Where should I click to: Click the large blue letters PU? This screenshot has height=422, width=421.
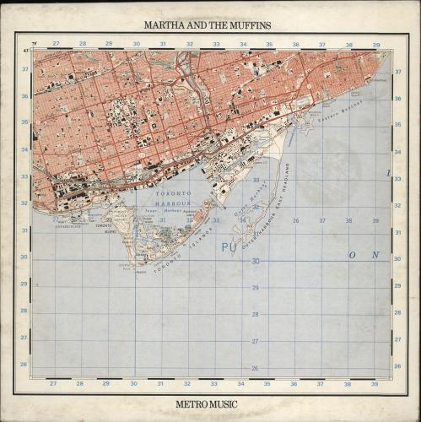point(229,248)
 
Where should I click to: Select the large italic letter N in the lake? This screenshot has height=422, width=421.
point(377,255)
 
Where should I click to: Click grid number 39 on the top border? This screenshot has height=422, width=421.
point(375,44)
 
